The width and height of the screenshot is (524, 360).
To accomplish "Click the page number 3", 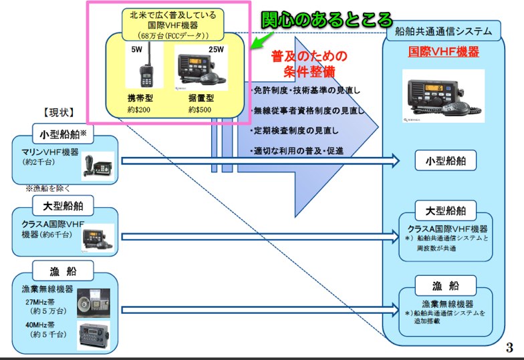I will [509, 347].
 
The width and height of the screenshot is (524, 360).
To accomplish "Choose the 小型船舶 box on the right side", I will [445, 160].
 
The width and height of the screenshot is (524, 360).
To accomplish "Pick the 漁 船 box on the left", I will [63, 272].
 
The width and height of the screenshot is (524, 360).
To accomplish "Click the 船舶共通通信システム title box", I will [443, 30].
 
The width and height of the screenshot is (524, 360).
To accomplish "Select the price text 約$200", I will [140, 109].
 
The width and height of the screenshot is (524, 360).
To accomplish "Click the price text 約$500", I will [201, 109].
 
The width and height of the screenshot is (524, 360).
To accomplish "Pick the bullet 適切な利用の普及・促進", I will [297, 151].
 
